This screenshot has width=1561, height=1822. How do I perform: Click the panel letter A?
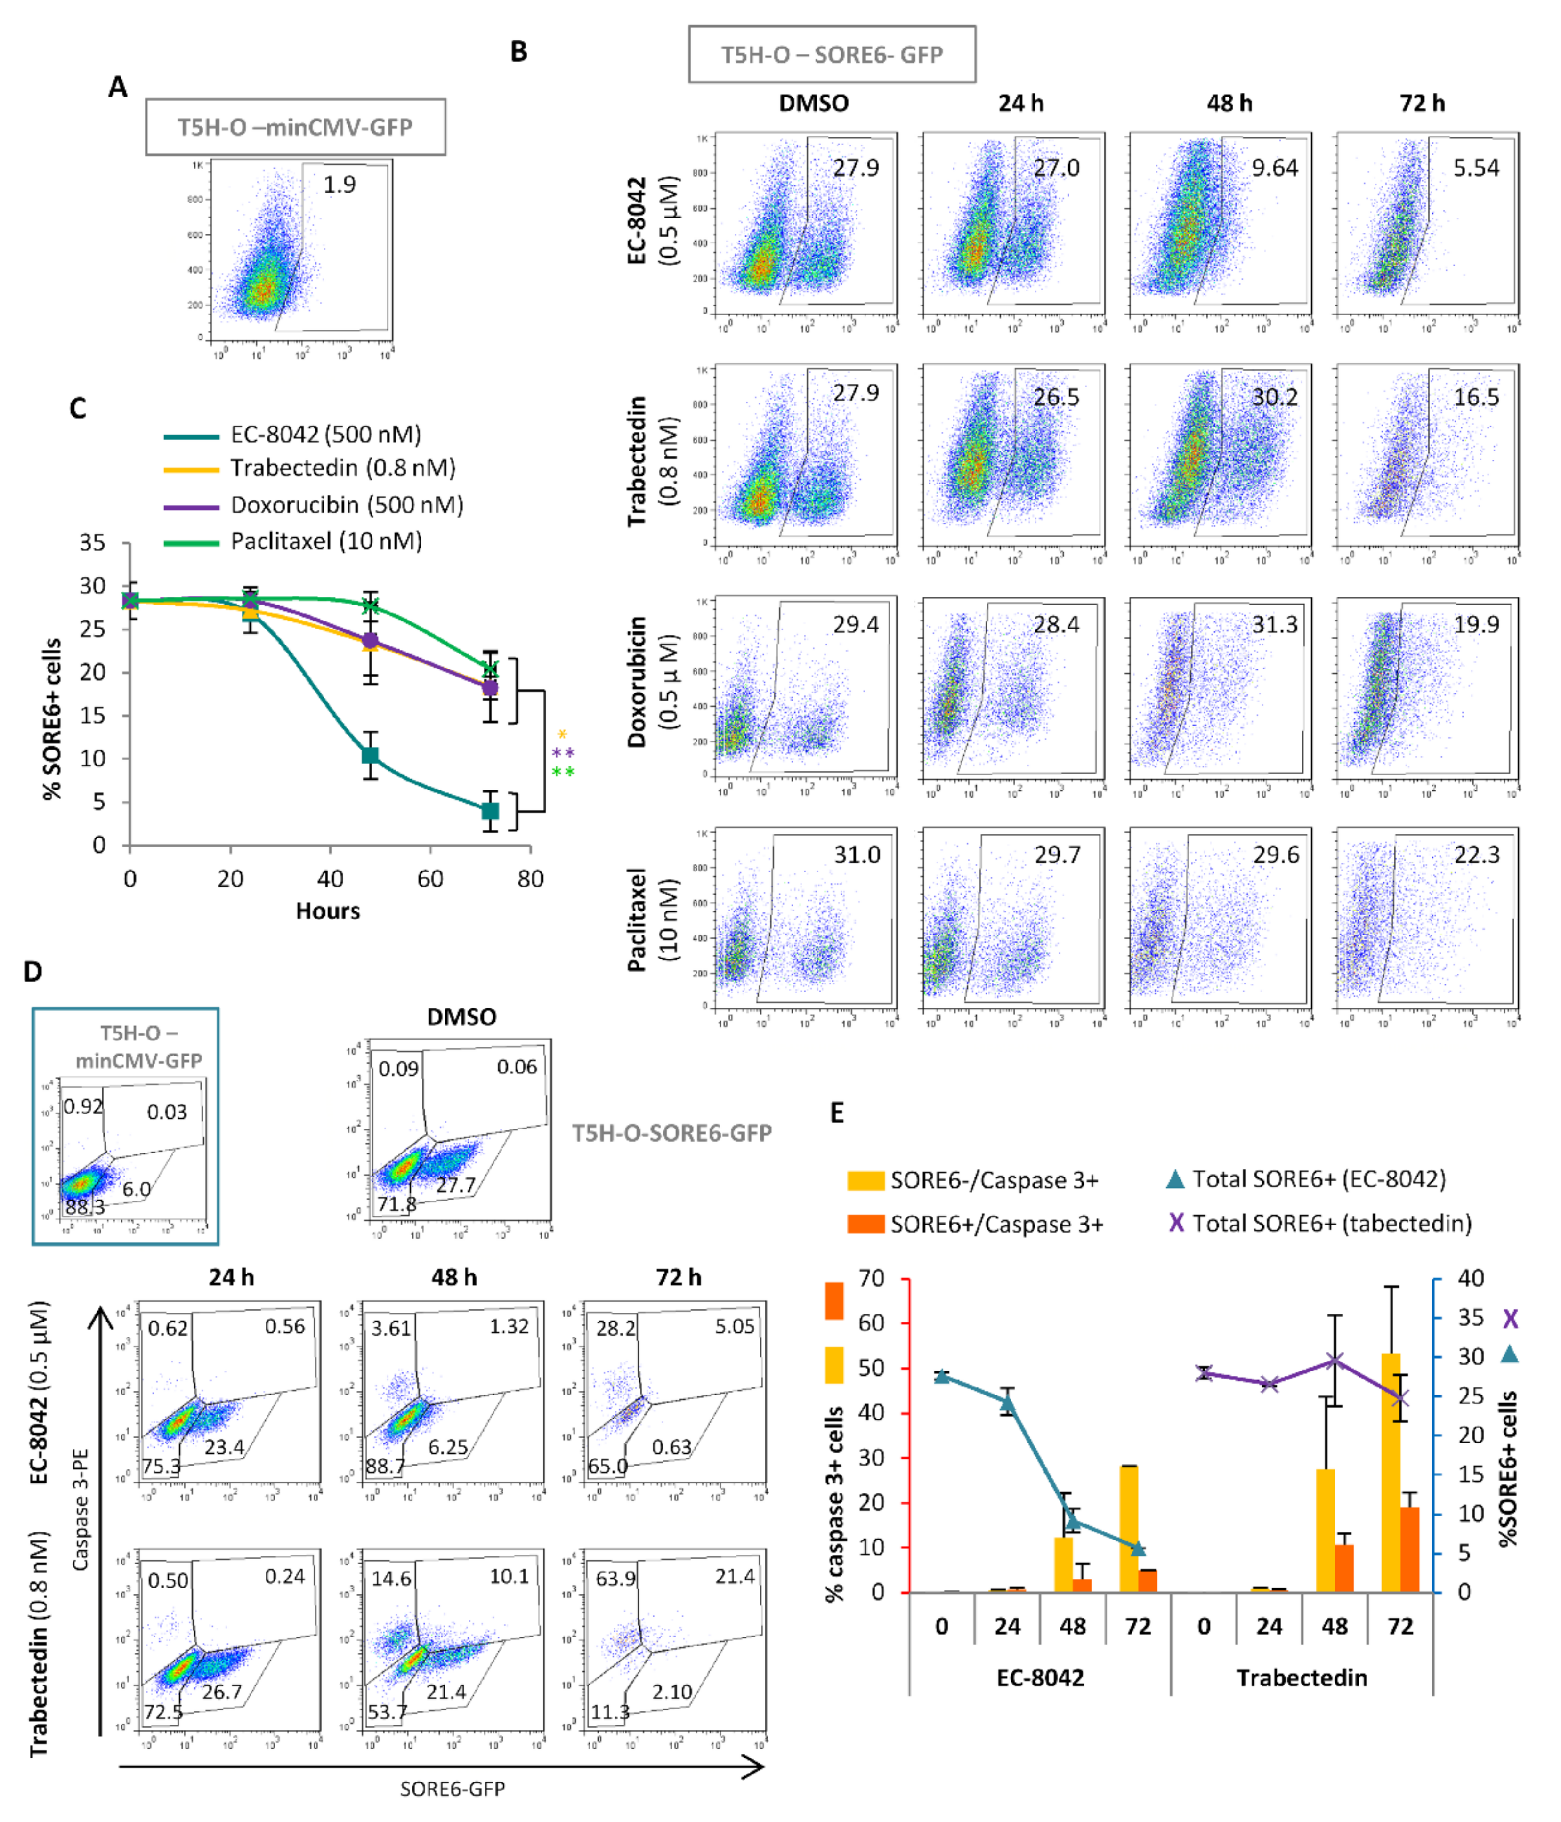coord(118,87)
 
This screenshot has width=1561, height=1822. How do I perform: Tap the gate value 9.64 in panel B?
coord(1274,168)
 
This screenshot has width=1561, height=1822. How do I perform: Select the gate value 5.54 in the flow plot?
coord(1476,168)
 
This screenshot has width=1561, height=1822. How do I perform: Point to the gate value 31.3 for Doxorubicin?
coord(1274,624)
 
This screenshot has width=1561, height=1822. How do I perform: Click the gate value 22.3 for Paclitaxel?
coord(1477,854)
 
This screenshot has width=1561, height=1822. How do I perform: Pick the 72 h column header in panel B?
coord(1422,103)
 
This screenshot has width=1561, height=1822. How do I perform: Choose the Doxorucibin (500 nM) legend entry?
coord(347,505)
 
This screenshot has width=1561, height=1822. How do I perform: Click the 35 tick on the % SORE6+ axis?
coord(92,542)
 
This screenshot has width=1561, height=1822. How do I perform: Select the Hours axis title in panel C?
coord(327,911)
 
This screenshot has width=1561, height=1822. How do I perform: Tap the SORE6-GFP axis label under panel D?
coord(452,1788)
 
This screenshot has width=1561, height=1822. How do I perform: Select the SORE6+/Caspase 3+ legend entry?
coord(996,1224)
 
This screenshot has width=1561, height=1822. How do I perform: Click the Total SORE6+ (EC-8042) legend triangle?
coord(1175,1179)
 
